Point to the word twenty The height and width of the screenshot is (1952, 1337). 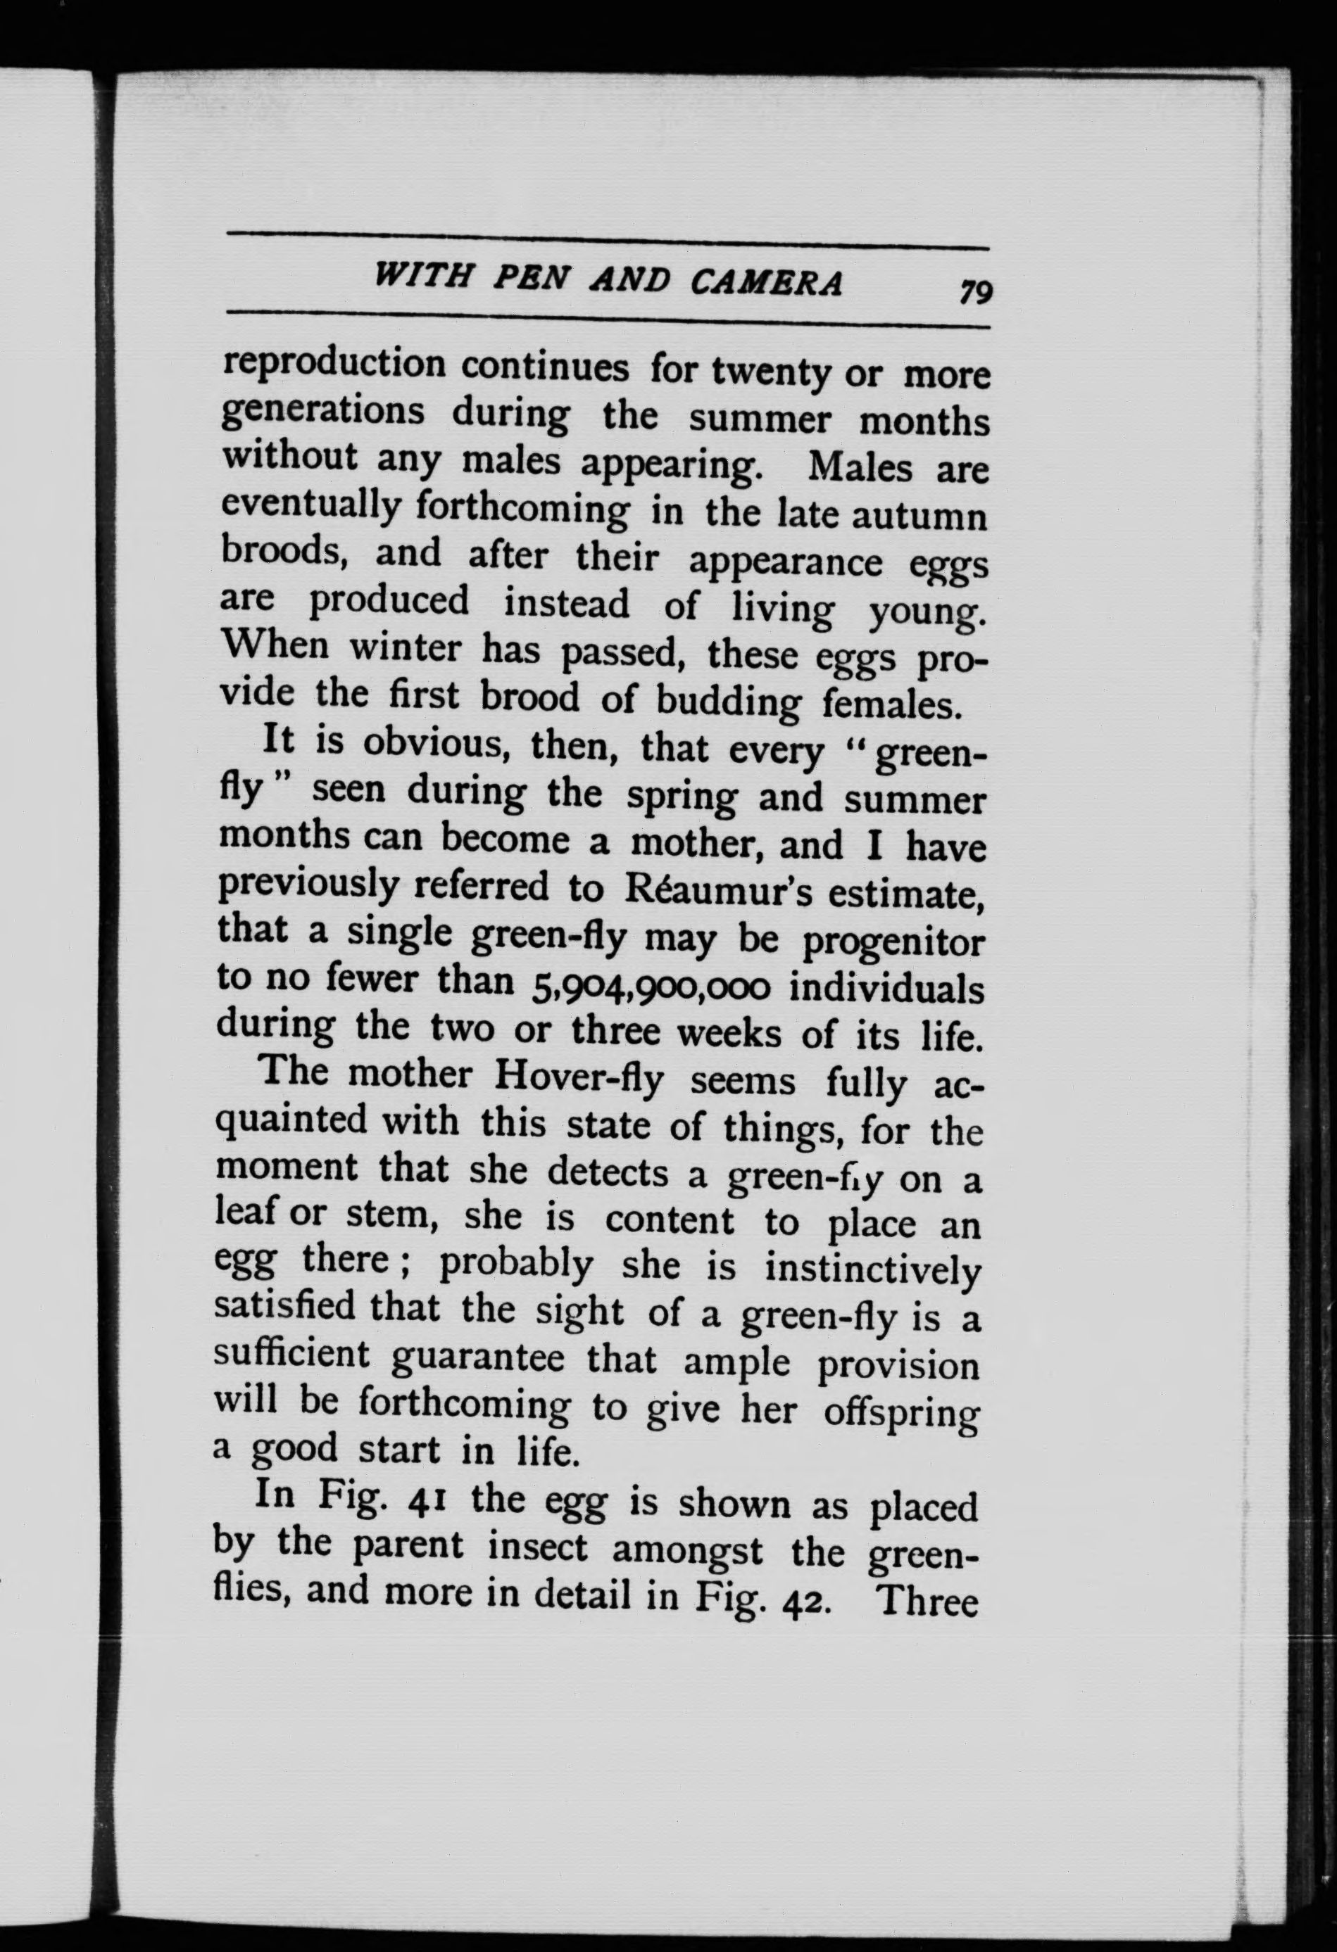772,372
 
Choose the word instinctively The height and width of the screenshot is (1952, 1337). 872,1272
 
